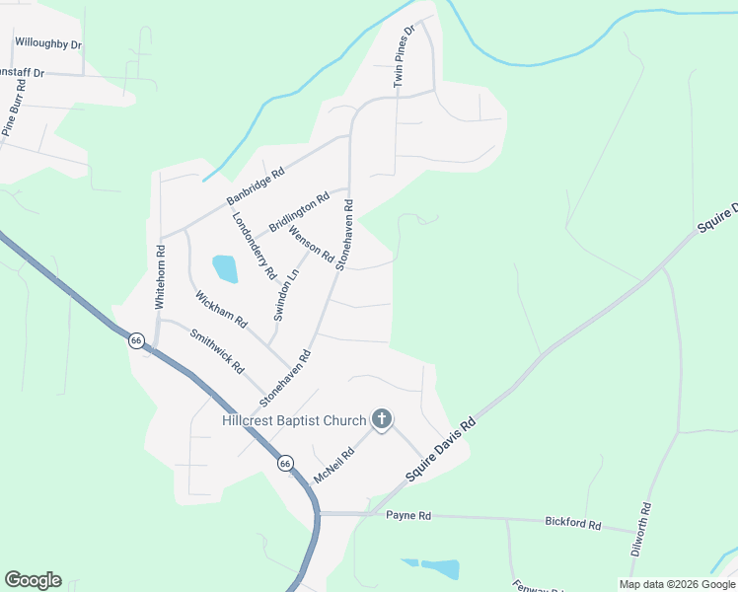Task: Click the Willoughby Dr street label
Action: tap(48, 43)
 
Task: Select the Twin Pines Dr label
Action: tap(405, 56)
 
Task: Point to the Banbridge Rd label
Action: tap(255, 185)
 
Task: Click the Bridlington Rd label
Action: tap(298, 212)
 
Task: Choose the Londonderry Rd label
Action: tap(254, 246)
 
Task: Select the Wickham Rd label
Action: tap(220, 310)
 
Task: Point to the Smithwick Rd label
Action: tap(216, 352)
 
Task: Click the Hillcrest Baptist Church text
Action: tap(294, 421)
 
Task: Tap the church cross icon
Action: tap(382, 420)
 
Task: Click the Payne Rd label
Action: tap(408, 516)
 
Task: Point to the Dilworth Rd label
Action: tap(642, 531)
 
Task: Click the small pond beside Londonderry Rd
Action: tap(225, 267)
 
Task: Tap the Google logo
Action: tap(33, 580)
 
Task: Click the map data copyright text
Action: tap(677, 584)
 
